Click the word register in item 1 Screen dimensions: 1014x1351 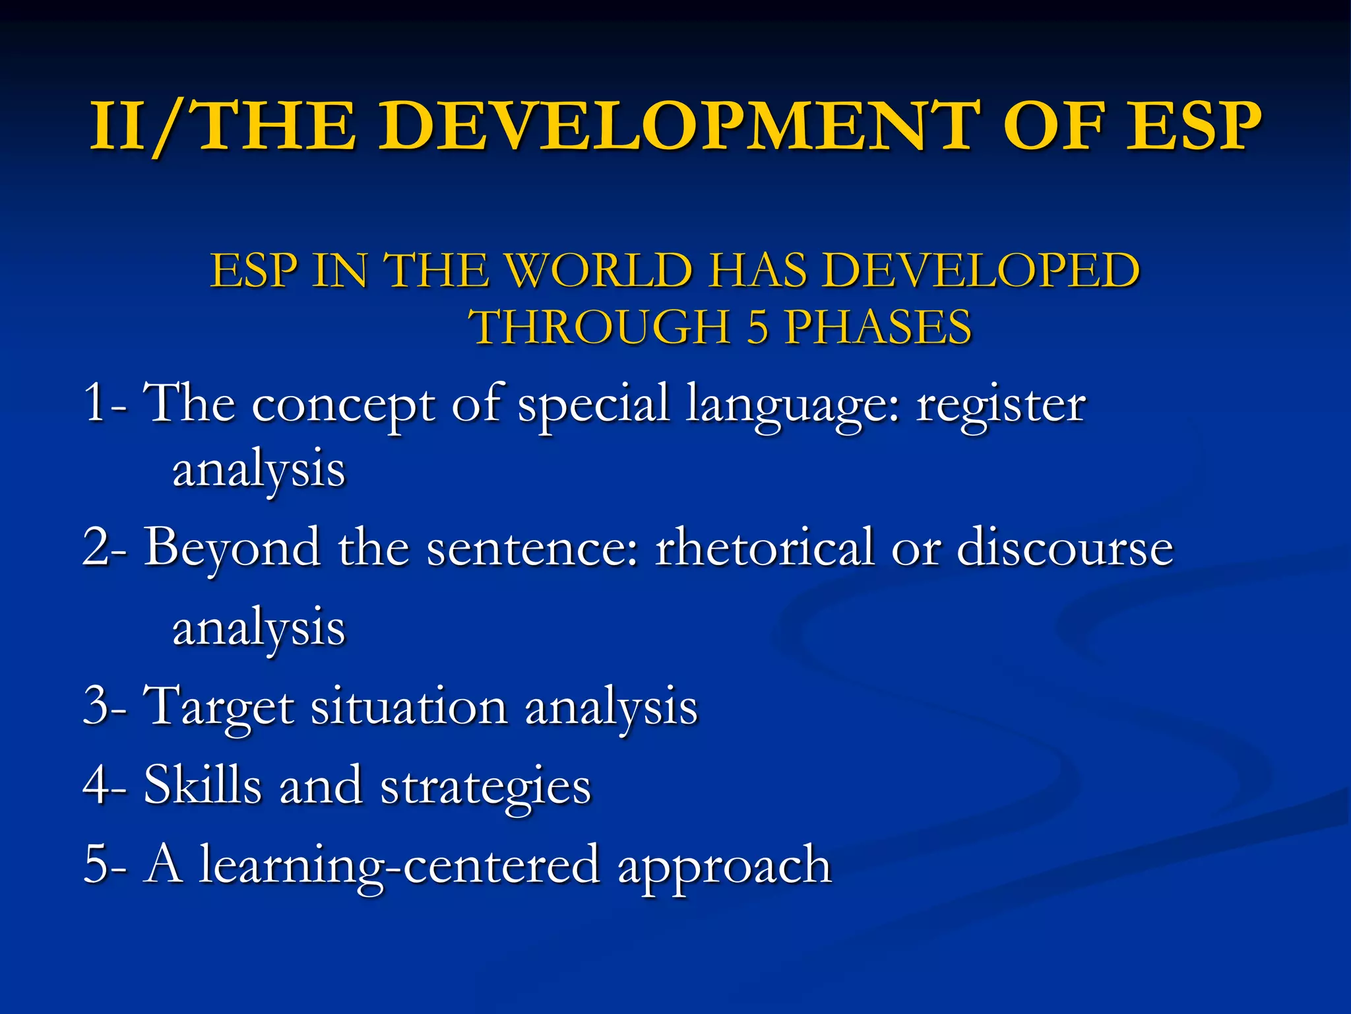[1001, 404]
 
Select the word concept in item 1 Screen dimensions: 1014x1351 [343, 405]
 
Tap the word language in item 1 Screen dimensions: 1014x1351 [792, 405]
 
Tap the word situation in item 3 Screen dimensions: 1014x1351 [409, 706]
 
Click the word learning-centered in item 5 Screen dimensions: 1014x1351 [400, 865]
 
